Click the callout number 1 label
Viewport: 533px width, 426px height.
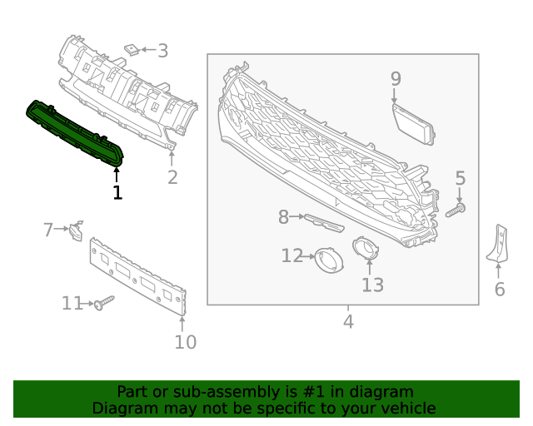[x=117, y=192]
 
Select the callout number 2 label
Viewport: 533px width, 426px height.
[x=172, y=177]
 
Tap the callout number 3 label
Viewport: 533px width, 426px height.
[x=162, y=51]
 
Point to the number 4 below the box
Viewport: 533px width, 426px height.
[x=348, y=321]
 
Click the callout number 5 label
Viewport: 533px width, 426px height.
[x=460, y=178]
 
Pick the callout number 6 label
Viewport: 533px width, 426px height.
[x=500, y=290]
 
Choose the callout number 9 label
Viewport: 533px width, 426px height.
[x=396, y=79]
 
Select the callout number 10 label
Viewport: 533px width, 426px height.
[x=185, y=342]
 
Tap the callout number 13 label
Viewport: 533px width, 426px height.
[x=372, y=285]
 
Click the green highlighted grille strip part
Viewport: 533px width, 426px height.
[x=75, y=131]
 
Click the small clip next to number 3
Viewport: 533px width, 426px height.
[x=132, y=49]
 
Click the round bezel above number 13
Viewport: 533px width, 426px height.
[x=365, y=247]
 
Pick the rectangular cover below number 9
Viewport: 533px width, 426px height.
[x=413, y=121]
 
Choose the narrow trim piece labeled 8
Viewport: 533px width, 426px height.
[x=323, y=222]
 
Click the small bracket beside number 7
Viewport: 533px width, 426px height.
[x=75, y=230]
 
